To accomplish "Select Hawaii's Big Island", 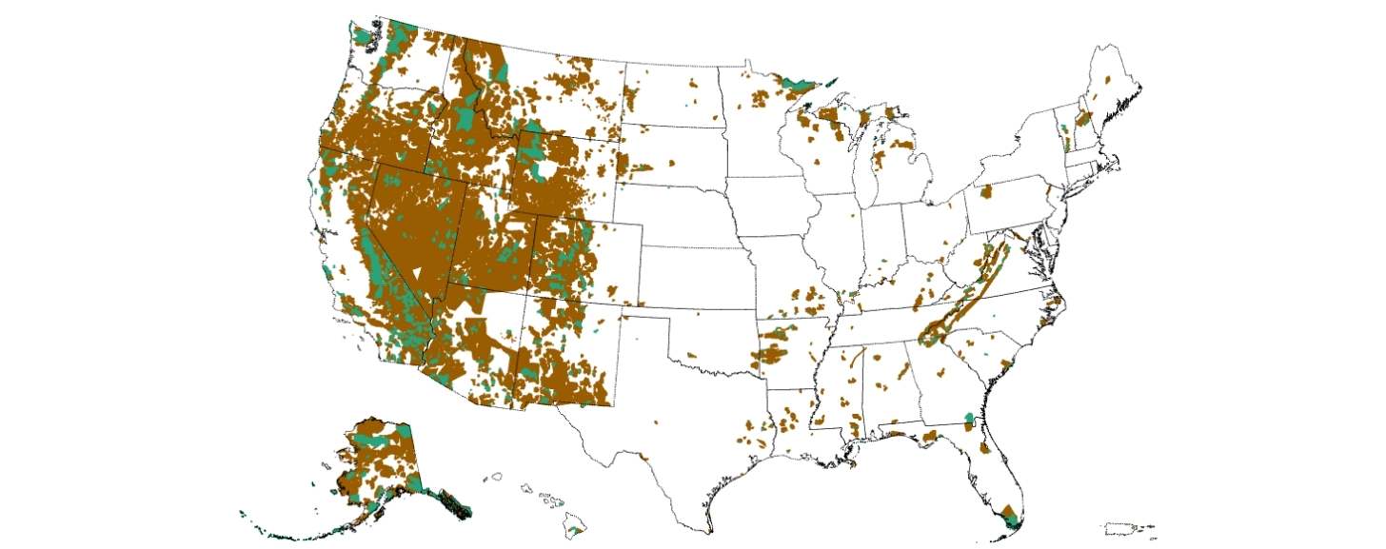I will coord(576,521).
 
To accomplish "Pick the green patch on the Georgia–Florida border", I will coord(969,418).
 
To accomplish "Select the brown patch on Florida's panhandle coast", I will coord(928,437).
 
